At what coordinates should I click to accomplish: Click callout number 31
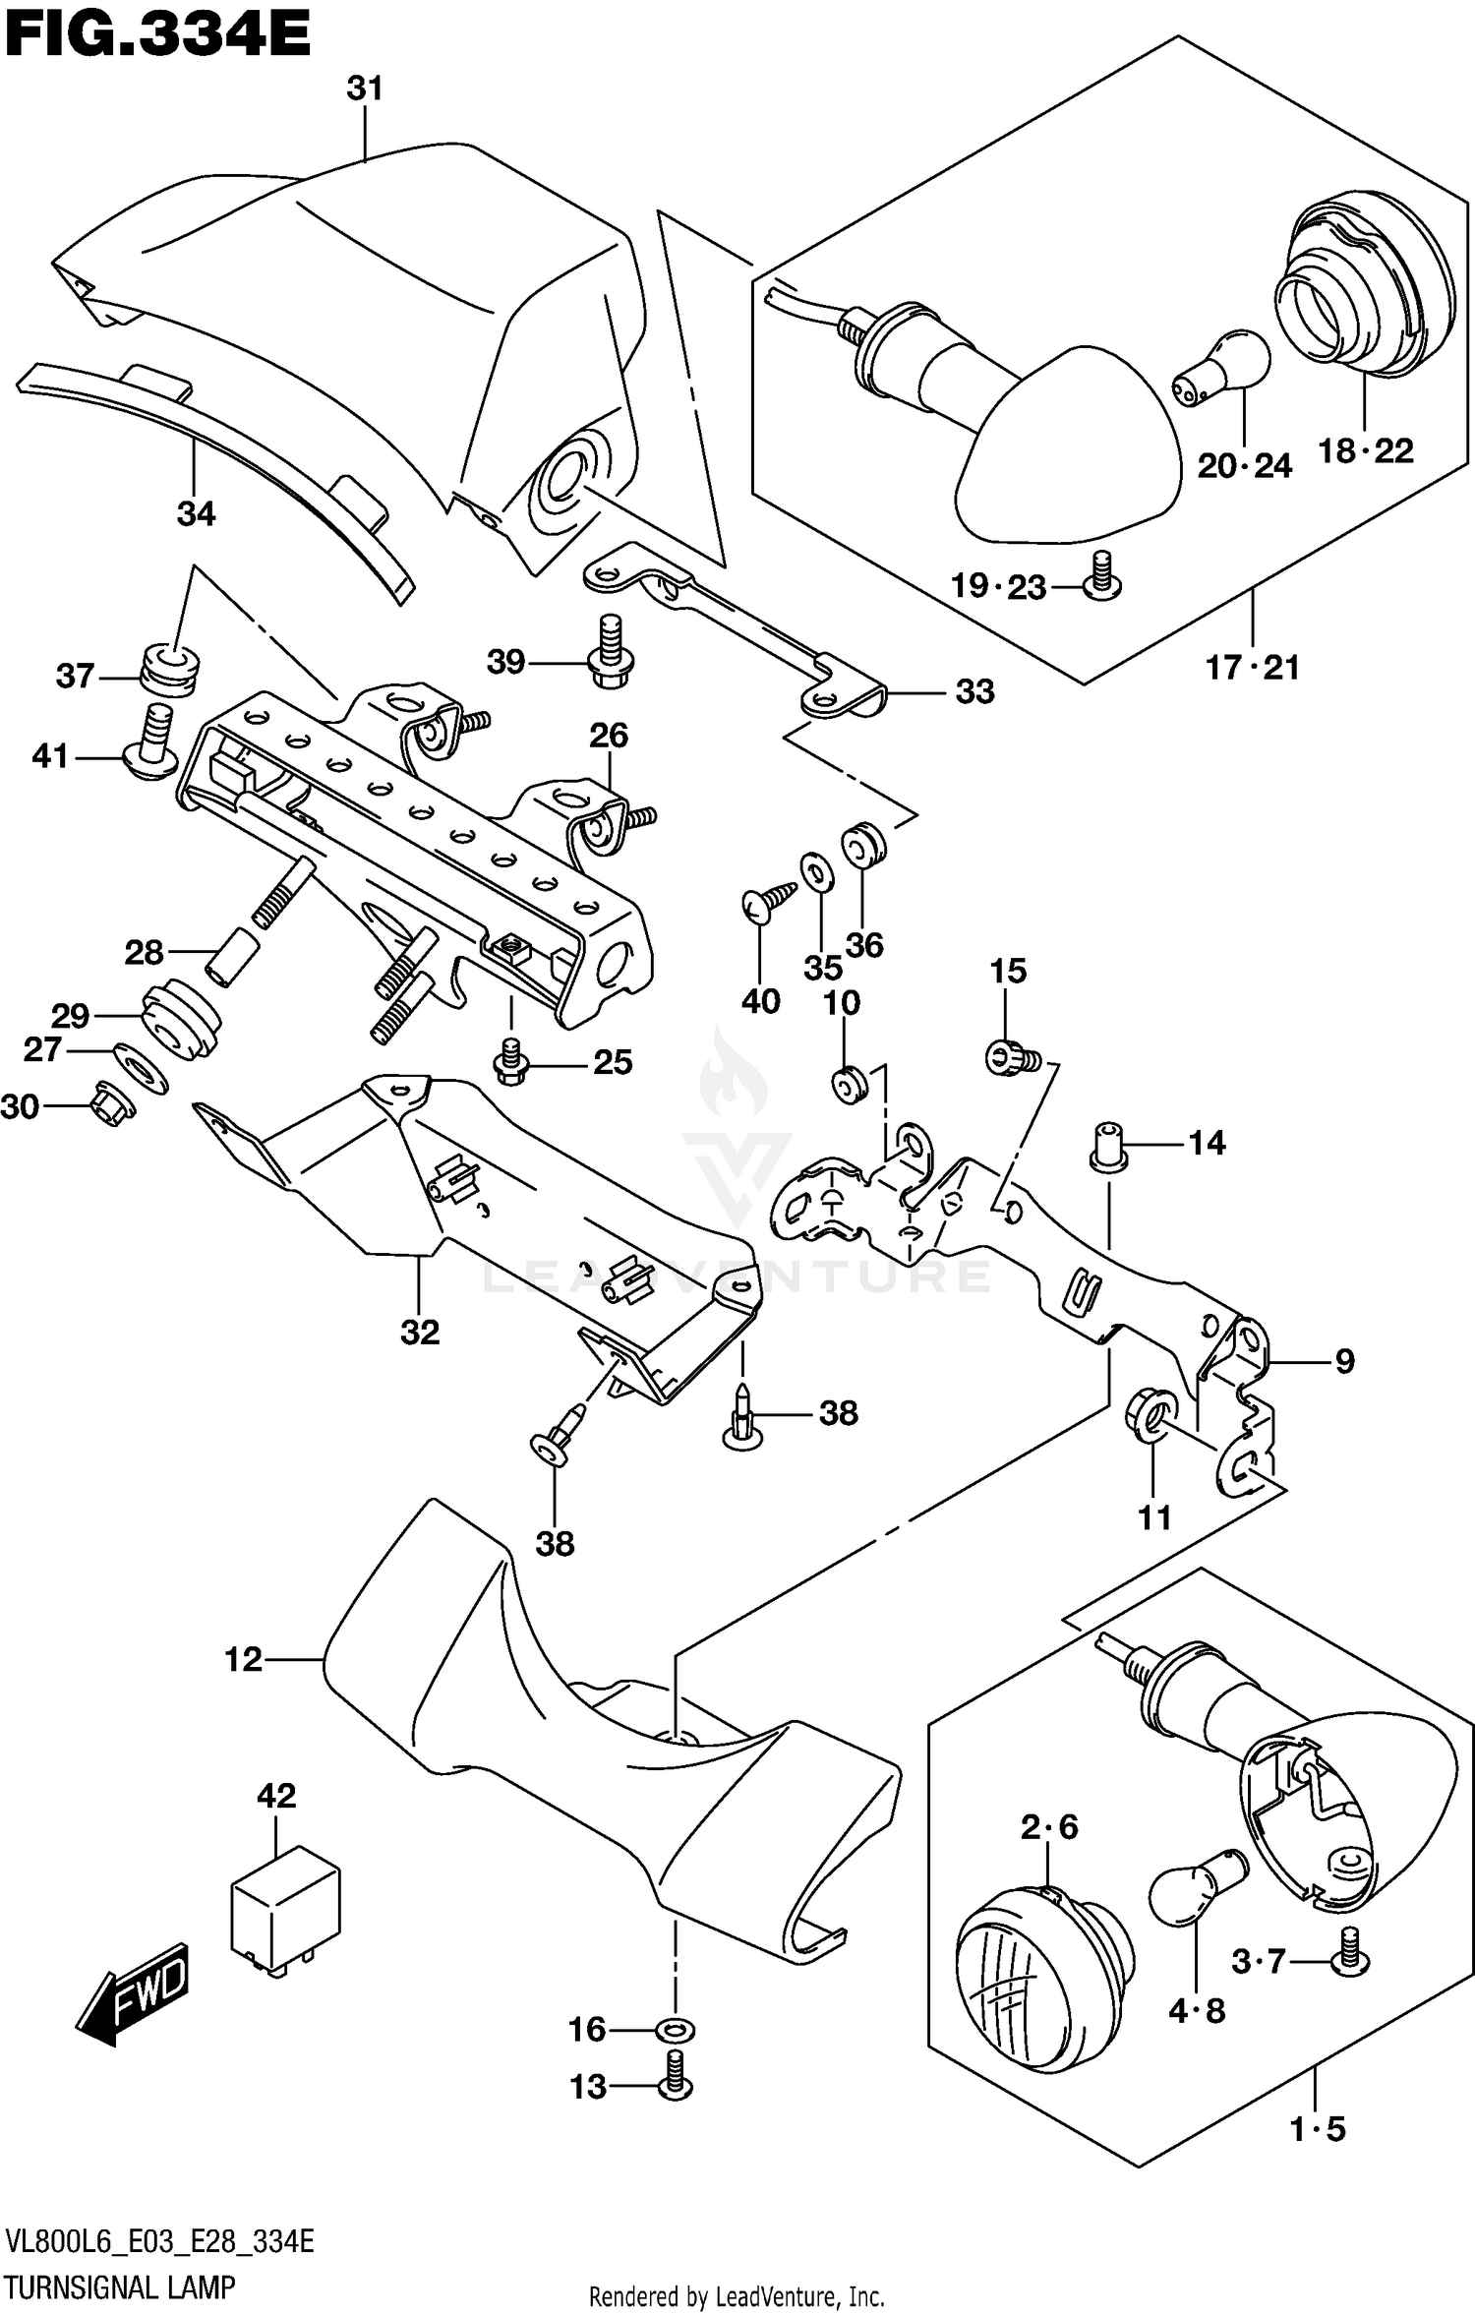tap(364, 89)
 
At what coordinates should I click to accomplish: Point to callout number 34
tap(196, 513)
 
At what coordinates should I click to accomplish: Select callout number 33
tap(974, 691)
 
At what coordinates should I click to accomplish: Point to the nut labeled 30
tap(112, 1103)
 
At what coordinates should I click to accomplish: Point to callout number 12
tap(244, 1660)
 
